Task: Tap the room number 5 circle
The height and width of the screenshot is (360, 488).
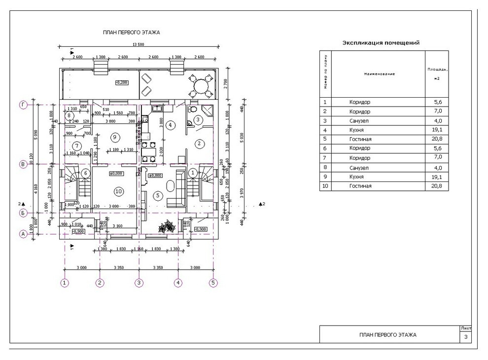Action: point(158,195)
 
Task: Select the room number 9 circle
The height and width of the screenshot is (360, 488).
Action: point(114,137)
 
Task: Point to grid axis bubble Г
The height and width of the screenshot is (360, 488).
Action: point(23,105)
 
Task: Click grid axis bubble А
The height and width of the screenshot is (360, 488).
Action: point(23,234)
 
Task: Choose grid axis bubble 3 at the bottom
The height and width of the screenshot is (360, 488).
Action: point(139,283)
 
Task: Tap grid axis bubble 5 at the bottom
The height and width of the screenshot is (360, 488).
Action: point(213,283)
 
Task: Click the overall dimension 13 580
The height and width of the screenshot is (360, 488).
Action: point(139,45)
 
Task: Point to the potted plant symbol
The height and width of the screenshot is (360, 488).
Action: point(166,227)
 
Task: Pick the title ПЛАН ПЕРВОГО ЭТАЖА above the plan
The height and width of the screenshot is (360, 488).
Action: point(131,33)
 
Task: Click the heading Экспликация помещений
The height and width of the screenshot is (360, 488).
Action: point(381,43)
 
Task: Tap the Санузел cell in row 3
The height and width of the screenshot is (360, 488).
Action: point(359,121)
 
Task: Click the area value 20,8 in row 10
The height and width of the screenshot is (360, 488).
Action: point(437,186)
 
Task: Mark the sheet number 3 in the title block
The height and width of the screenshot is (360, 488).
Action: point(466,337)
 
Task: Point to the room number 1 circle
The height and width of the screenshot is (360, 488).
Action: point(193,173)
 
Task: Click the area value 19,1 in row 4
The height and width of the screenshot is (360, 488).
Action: point(437,130)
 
